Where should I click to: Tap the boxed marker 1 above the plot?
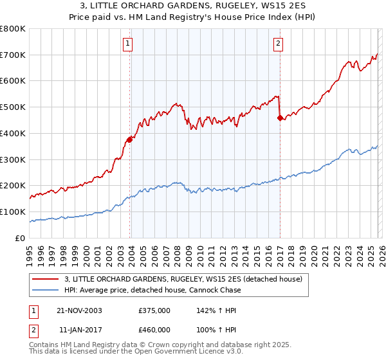point(128,44)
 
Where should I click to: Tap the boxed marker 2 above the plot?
point(278,44)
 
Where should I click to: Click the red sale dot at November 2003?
point(130,139)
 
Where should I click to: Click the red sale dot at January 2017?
point(280,118)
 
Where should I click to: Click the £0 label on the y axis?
point(20,238)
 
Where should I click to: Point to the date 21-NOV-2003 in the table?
point(80,310)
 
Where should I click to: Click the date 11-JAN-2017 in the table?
point(80,330)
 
